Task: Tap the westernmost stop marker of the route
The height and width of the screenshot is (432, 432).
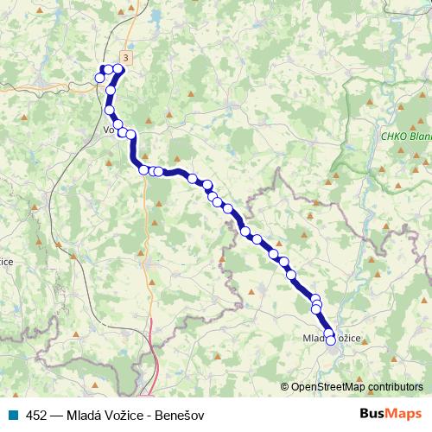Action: click(x=100, y=79)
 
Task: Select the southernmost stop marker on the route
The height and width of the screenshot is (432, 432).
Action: click(x=330, y=341)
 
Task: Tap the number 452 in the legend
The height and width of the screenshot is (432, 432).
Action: click(x=35, y=414)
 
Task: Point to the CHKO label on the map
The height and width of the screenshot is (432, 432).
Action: click(x=393, y=137)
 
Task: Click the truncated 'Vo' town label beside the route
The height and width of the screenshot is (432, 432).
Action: click(x=109, y=130)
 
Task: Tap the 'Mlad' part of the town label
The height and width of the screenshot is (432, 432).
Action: click(x=314, y=338)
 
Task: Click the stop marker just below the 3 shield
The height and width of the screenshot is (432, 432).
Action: click(x=118, y=69)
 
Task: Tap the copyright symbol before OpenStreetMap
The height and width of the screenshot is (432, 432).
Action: click(x=284, y=387)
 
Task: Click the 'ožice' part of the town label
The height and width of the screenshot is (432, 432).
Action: click(x=347, y=338)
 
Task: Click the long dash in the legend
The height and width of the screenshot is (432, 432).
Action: click(x=54, y=414)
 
